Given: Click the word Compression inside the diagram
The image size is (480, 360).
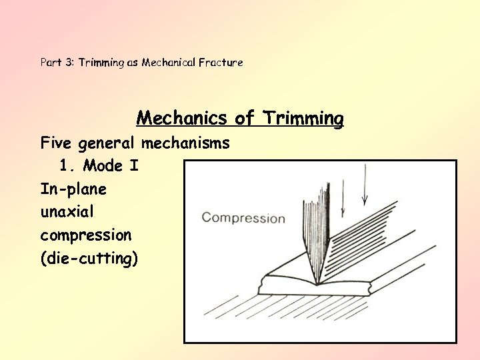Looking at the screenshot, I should point(243,218).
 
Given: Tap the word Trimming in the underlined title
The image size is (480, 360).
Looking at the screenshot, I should point(303,119).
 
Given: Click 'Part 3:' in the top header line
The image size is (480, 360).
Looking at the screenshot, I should point(57,63).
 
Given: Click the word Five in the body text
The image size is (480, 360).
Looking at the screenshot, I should point(57,143).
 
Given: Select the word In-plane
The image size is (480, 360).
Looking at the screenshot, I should point(73,189).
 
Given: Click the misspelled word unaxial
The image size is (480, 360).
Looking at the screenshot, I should point(67,212).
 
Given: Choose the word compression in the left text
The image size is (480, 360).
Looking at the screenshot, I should point(86,235).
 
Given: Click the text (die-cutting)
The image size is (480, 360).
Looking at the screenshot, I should point(89,259).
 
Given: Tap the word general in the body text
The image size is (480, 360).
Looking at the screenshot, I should point(107,143).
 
